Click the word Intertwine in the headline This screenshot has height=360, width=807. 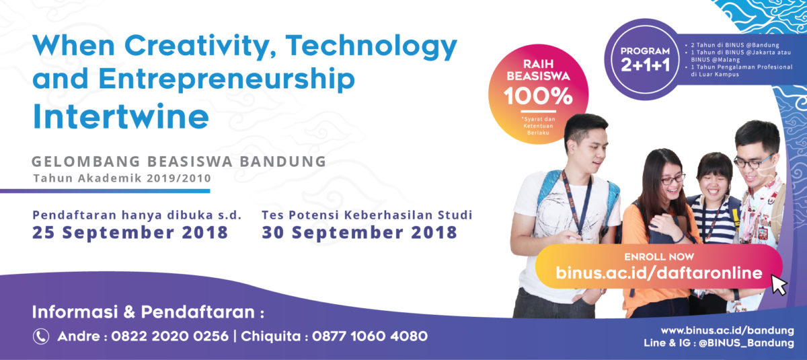[x=120, y=116]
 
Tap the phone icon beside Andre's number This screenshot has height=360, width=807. [x=41, y=336]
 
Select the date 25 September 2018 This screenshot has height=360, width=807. [x=130, y=232]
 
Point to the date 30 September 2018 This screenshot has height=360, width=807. [x=360, y=232]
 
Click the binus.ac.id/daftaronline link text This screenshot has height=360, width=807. [x=659, y=273]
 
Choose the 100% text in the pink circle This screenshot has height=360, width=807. [x=538, y=96]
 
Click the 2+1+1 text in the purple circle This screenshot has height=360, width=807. [x=645, y=65]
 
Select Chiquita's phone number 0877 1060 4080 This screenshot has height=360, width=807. [x=370, y=336]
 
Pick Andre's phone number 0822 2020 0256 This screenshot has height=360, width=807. [x=169, y=336]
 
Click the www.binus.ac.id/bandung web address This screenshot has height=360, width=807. [x=728, y=331]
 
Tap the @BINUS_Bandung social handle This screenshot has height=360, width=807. [x=746, y=343]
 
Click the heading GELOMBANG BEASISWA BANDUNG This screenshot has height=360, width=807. [x=179, y=161]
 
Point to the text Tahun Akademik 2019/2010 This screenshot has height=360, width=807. [x=122, y=178]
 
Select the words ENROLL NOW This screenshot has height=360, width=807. [x=659, y=256]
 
